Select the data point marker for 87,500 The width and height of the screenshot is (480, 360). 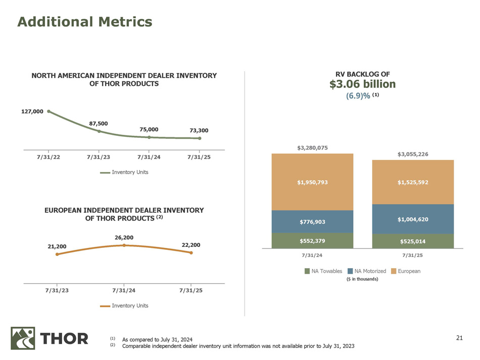99,131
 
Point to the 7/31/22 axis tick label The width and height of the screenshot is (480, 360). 49,158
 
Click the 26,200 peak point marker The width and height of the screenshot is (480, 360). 124,245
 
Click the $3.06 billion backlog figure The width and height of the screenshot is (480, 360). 362,84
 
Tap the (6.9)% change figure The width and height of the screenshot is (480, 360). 358,96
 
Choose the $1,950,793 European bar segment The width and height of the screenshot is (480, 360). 312,182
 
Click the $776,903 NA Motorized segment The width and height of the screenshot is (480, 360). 312,222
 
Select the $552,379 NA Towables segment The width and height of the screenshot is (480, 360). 312,241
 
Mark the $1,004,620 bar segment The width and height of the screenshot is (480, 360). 413,219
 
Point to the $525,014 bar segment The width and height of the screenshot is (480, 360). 413,241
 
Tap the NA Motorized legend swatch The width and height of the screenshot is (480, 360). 350,272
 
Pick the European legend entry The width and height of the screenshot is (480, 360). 409,271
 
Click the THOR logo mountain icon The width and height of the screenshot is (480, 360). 23,338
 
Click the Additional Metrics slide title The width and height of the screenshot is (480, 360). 85,22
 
